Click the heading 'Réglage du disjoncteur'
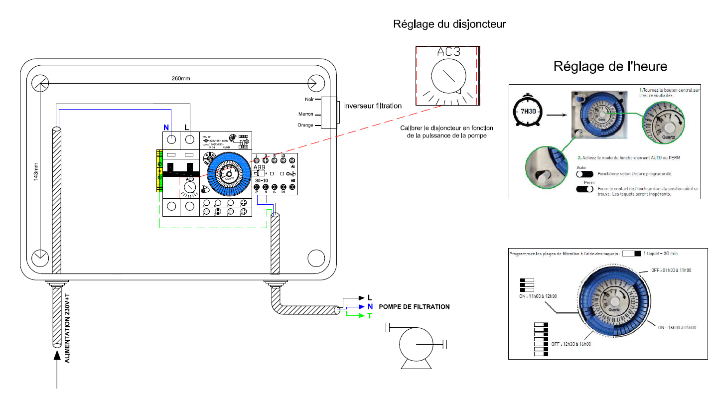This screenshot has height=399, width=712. click(x=449, y=23)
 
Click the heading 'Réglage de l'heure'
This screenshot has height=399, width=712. click(x=610, y=66)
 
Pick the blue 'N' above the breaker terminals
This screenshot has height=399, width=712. click(x=166, y=128)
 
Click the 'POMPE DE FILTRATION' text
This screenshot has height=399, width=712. click(x=414, y=307)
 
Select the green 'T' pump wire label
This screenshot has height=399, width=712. click(x=369, y=316)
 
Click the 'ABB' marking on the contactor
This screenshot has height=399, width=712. click(x=260, y=167)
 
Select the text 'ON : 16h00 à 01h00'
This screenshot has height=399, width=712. click(x=677, y=327)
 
